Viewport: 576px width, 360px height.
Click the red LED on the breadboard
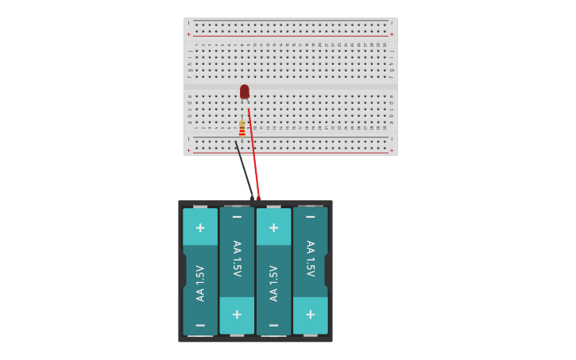coord(245,91)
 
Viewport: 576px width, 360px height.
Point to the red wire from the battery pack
coord(253,159)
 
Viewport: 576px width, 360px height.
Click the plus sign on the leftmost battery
coord(200,228)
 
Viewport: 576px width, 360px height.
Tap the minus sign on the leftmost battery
coord(200,325)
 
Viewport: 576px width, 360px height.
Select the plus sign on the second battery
coord(237,314)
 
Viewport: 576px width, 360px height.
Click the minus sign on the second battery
coord(237,217)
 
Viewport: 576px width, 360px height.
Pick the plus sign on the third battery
coord(273,228)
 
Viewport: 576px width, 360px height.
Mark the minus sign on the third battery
coord(273,325)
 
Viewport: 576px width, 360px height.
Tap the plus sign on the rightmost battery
coord(310,314)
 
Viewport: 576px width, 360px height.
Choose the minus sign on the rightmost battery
coord(310,217)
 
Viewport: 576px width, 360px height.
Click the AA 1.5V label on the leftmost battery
coord(200,283)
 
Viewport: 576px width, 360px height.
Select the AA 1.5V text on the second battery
coord(237,258)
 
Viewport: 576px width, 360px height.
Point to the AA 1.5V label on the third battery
coord(273,283)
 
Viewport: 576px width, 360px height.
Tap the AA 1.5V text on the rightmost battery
coord(310,258)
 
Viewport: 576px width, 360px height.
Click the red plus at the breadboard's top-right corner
coord(392,34)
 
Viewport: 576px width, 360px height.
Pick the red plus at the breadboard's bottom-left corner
coord(189,150)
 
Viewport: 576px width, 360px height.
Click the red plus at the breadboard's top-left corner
coord(189,34)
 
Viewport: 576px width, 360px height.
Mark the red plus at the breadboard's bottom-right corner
coord(392,150)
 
